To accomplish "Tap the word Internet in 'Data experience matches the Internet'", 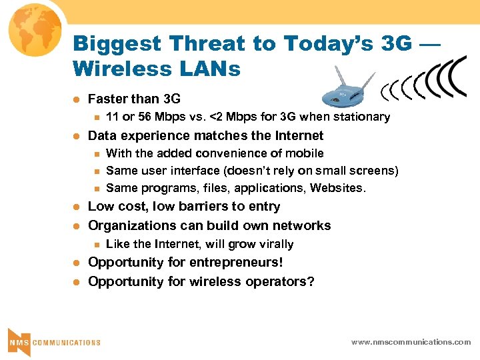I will pyautogui.click(x=297, y=135).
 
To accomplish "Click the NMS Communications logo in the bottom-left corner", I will pyautogui.click(x=53, y=341).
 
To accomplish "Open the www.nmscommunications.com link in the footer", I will pyautogui.click(x=411, y=342).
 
